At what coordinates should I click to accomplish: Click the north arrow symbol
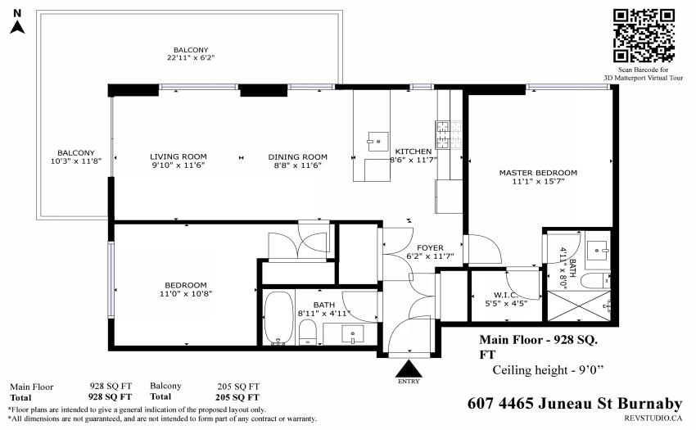click(17, 27)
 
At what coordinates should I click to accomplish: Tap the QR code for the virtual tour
click(644, 35)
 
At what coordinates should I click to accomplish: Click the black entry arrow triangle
click(409, 369)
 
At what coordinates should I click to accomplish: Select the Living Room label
click(178, 156)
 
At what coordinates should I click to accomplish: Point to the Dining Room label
click(297, 156)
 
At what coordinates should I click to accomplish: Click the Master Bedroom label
click(538, 173)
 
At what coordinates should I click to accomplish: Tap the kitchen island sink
click(377, 142)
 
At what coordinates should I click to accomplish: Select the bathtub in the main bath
click(278, 317)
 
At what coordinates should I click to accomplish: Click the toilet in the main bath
click(307, 332)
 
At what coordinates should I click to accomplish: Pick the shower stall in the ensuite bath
click(579, 306)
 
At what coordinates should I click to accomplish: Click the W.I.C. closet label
click(505, 295)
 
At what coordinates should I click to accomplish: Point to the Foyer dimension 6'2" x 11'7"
click(430, 256)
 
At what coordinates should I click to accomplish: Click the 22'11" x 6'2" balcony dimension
click(191, 58)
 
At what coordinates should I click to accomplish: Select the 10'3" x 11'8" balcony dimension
click(76, 161)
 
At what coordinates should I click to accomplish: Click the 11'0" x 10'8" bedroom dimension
click(186, 293)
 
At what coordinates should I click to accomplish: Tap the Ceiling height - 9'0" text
click(548, 370)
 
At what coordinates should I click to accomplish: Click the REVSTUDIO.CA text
click(653, 418)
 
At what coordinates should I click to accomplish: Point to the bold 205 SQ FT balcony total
click(237, 397)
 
